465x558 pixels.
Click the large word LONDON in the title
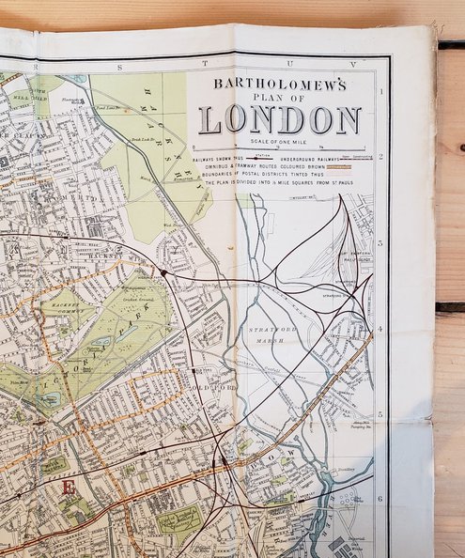coord(280,120)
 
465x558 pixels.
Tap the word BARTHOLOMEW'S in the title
coord(280,84)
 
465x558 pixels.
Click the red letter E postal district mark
coord(66,488)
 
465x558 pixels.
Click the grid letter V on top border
coord(353,64)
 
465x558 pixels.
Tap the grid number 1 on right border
coord(381,91)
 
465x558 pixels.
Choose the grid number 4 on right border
coord(381,330)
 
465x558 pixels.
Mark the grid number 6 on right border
coord(380,499)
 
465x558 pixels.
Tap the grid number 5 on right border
coord(380,414)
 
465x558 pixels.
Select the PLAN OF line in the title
coord(280,99)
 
